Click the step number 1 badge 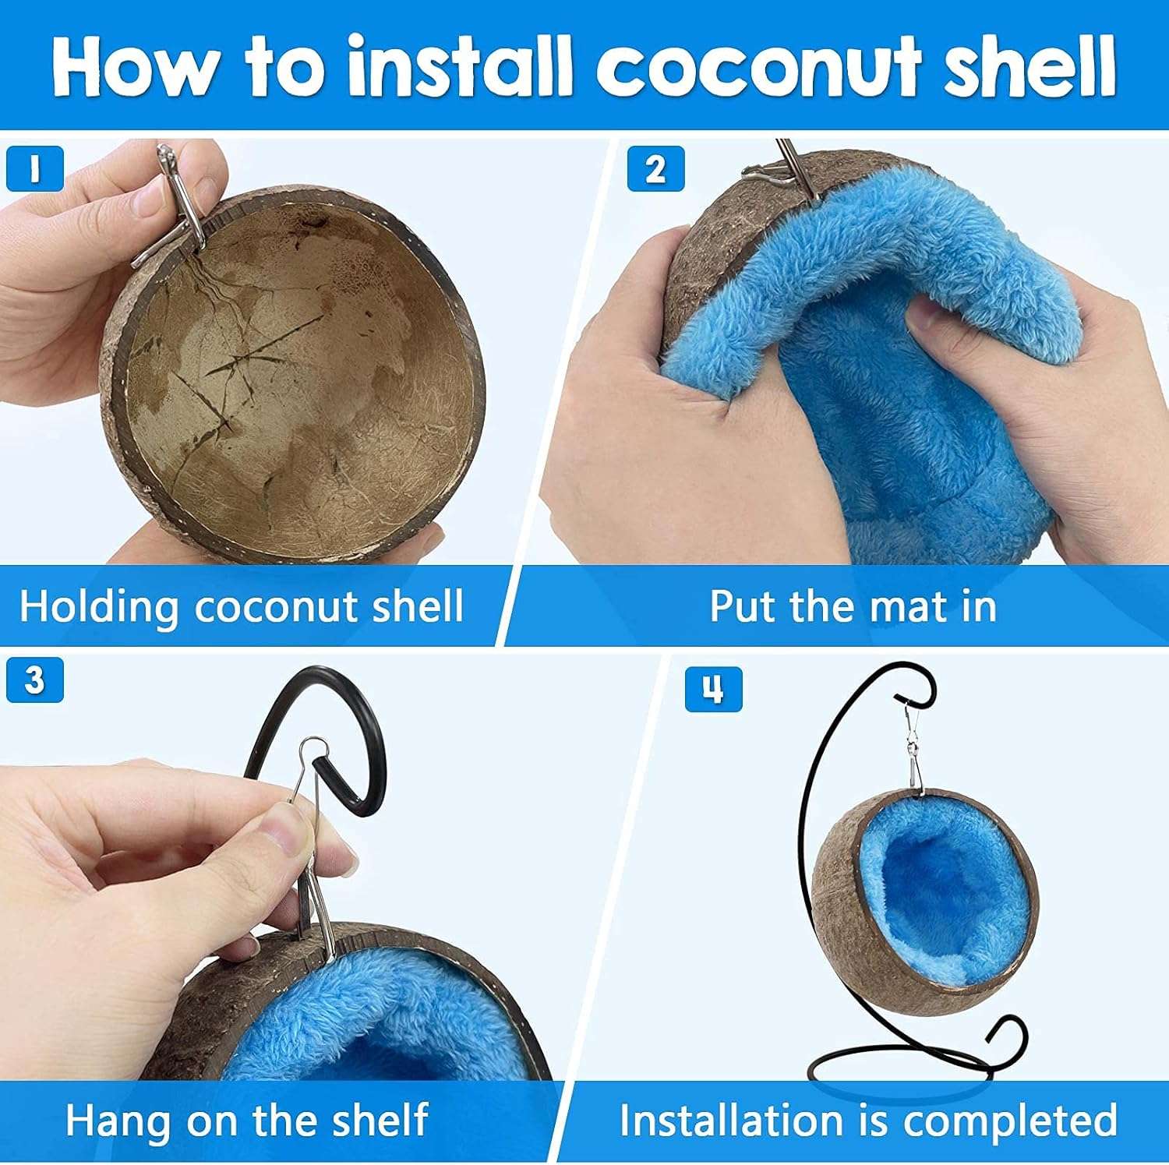click(x=34, y=169)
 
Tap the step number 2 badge click(x=655, y=169)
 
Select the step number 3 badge click(x=34, y=680)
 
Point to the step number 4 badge click(x=713, y=690)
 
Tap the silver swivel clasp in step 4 click(x=913, y=748)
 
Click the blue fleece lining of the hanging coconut click(x=935, y=896)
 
